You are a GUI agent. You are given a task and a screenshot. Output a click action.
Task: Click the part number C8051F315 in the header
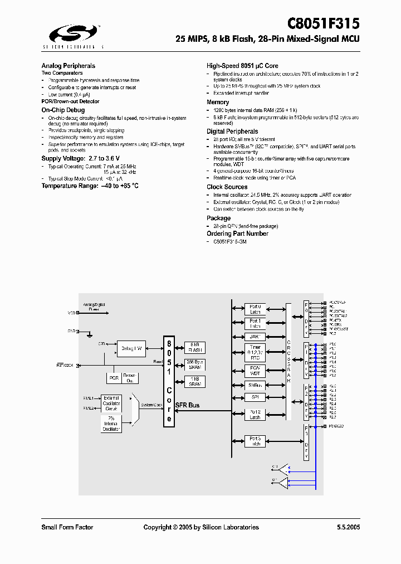[323, 24]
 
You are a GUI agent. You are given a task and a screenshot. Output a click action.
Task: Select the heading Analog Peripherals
[68, 66]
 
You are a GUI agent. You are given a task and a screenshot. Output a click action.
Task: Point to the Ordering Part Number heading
[237, 234]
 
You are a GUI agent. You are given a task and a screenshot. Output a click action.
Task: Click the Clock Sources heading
[227, 187]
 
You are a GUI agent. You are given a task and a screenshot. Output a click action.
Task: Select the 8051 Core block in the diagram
[169, 381]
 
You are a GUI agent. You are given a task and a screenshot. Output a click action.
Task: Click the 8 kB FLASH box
[194, 347]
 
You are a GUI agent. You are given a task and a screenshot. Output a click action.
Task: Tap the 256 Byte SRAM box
[194, 364]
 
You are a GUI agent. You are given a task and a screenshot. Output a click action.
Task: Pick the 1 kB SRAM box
[194, 382]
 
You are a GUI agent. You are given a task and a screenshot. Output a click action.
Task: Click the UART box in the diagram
[255, 337]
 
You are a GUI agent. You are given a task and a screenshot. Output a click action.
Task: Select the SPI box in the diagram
[255, 398]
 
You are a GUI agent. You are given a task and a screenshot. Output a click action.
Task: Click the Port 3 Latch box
[255, 441]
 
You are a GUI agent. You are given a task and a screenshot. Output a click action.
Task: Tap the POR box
[114, 378]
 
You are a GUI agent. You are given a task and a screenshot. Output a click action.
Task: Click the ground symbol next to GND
[89, 334]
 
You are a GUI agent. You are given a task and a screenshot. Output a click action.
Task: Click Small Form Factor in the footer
[67, 527]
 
